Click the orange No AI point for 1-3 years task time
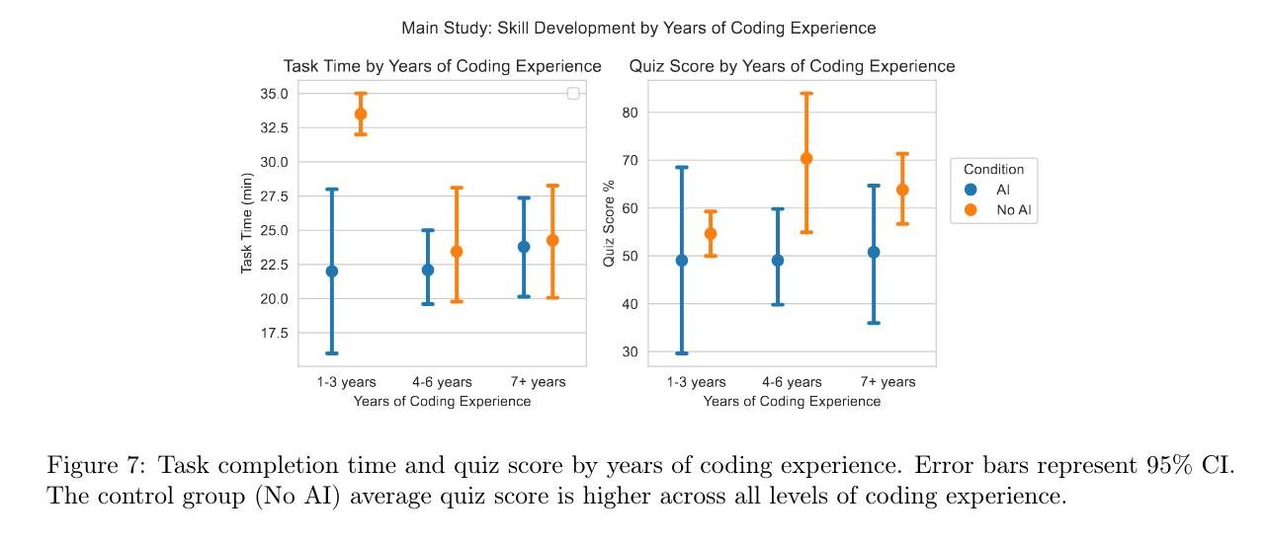tap(361, 115)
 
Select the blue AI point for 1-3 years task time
tap(332, 271)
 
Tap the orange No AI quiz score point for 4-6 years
tap(806, 158)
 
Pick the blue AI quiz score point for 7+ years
tap(874, 252)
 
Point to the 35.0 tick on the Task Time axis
tap(274, 94)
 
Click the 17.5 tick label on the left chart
tap(274, 334)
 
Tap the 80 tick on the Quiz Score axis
tap(630, 113)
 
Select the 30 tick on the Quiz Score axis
tap(630, 351)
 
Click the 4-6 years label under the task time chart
tap(442, 382)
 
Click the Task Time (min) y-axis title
tap(247, 223)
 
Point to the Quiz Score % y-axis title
tap(610, 223)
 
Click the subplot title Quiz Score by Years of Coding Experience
tap(793, 66)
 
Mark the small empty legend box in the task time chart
tap(573, 94)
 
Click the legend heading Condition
tap(994, 170)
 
